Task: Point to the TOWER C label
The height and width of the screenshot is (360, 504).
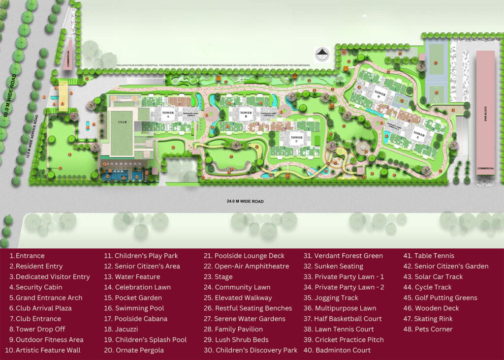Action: (296, 138)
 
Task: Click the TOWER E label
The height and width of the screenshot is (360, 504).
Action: (418, 134)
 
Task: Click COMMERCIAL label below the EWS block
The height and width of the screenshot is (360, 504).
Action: (485, 168)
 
